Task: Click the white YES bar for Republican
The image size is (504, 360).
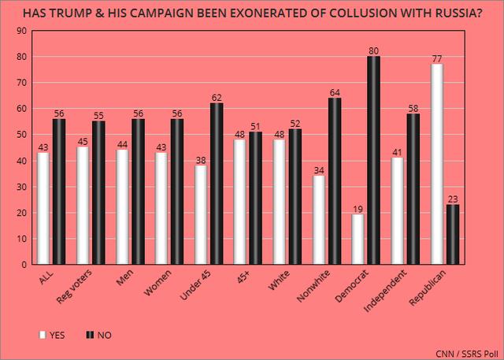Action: pos(438,164)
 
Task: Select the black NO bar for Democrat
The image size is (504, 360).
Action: pos(374,160)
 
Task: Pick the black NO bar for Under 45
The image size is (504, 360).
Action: pos(216,184)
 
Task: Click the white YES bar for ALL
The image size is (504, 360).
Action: pos(43,208)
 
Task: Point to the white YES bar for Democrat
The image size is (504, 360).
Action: pos(358,239)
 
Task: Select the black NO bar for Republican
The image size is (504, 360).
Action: pos(454,234)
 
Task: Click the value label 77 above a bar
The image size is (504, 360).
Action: pos(438,58)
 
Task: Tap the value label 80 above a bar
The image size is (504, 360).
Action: pos(374,50)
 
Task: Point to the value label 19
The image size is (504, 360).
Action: pos(358,210)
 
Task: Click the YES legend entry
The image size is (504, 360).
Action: pos(51,334)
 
